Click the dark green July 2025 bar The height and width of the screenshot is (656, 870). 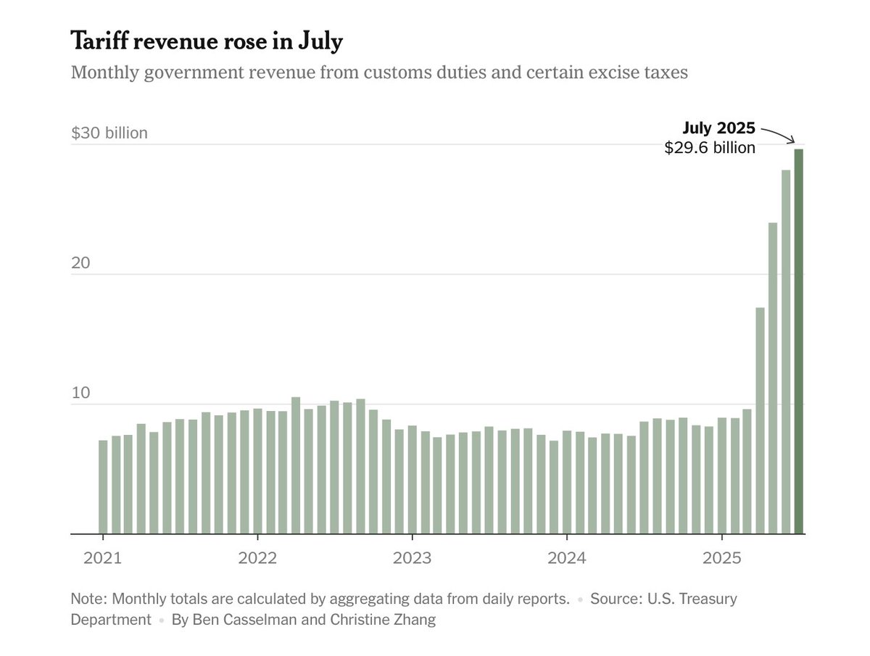(x=798, y=341)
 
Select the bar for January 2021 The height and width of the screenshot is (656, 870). (x=103, y=486)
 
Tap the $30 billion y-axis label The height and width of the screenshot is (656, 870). (x=109, y=133)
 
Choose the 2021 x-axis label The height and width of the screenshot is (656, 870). (x=102, y=559)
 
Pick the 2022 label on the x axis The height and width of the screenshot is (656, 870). (x=257, y=559)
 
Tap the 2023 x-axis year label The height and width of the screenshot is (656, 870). (x=412, y=559)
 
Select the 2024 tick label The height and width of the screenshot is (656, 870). (x=566, y=559)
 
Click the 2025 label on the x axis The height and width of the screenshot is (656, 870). (x=721, y=559)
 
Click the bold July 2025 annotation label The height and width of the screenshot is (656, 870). (x=718, y=129)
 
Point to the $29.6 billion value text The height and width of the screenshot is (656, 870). (x=710, y=148)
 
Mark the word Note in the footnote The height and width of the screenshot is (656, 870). (x=87, y=599)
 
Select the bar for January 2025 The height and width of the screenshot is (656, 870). (x=722, y=476)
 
